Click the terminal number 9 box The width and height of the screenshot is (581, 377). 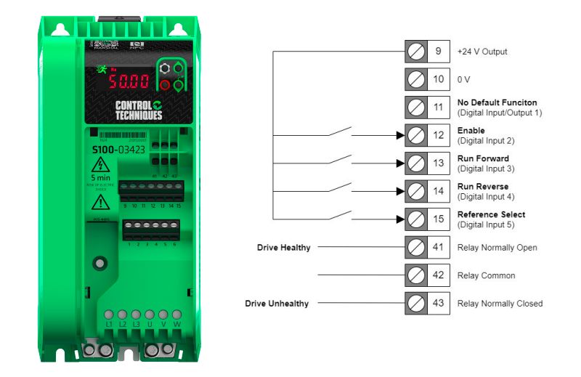(438, 52)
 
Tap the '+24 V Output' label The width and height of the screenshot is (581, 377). (482, 52)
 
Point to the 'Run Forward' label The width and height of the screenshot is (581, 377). (483, 158)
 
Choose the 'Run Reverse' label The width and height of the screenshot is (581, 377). (484, 187)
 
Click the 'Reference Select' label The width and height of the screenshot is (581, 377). (491, 214)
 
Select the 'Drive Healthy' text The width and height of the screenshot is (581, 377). (283, 248)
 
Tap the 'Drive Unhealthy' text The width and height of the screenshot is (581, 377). (276, 304)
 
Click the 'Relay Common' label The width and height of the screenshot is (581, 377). (486, 276)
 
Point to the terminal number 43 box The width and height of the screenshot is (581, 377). (438, 304)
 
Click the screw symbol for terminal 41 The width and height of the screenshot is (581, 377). (416, 248)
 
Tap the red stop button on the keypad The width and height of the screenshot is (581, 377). (164, 86)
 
